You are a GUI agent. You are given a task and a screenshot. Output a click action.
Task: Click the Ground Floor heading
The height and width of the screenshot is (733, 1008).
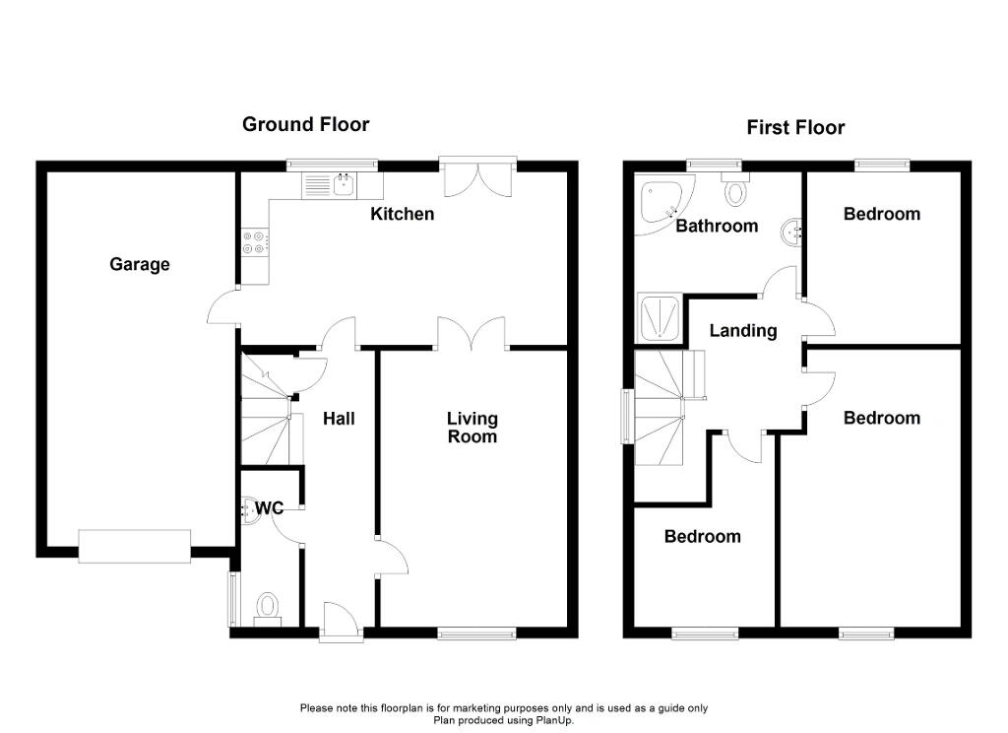pos(306,124)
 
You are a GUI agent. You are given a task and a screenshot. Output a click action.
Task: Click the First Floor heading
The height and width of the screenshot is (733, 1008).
pos(795,127)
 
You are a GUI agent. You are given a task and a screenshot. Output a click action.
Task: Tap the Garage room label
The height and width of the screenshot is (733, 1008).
pos(140,264)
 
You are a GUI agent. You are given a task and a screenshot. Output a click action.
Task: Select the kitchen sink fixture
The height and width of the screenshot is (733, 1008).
pos(331,184)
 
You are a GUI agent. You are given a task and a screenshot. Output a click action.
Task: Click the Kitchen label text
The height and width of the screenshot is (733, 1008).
pos(402,214)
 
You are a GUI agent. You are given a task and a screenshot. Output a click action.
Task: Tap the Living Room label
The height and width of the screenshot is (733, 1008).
pos(472,428)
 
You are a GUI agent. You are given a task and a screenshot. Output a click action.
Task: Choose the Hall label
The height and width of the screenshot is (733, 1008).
pos(339,419)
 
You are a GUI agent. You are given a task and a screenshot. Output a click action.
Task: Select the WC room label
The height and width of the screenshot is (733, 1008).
pos(270,508)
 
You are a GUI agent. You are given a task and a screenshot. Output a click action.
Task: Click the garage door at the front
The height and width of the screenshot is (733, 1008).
pos(135,546)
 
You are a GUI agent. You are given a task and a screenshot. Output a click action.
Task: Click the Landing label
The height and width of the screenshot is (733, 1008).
pos(743,331)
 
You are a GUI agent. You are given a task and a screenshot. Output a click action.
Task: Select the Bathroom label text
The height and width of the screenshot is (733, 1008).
pos(717,226)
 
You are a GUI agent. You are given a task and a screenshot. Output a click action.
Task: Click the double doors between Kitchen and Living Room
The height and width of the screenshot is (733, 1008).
pos(472,333)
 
